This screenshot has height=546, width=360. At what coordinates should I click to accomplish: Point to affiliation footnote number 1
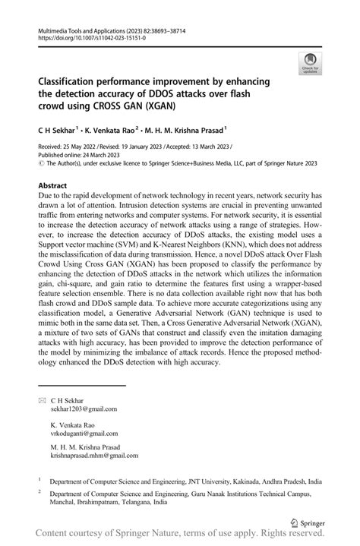pos(39,480)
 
